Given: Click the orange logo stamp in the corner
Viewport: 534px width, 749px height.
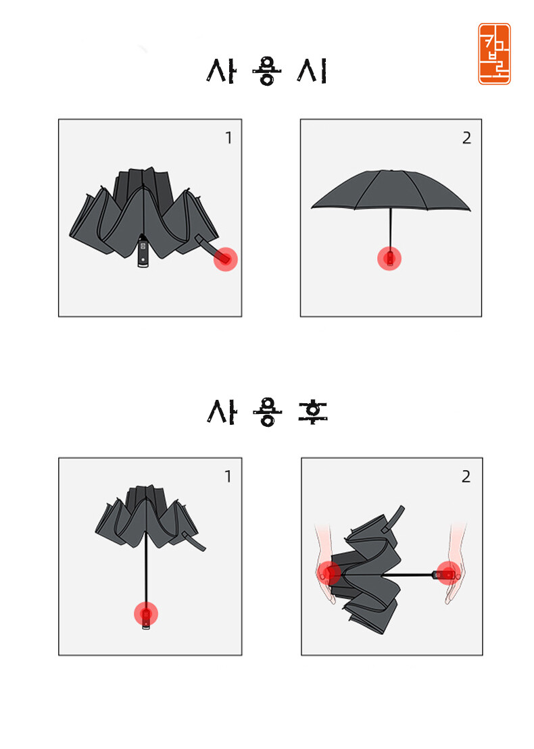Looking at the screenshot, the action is (x=494, y=54).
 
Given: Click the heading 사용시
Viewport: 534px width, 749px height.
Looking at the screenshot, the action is (x=266, y=71).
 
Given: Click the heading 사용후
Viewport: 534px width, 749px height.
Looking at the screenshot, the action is (x=266, y=411).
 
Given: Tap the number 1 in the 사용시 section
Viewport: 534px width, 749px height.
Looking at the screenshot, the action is (x=228, y=138).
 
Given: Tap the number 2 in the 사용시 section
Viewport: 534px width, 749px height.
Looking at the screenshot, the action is (x=466, y=138).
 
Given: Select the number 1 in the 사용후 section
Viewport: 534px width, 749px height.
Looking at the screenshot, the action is (x=228, y=476).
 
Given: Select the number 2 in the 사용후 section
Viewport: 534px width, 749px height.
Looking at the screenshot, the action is (x=466, y=476).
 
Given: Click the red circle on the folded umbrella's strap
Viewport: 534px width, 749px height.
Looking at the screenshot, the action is (x=225, y=259).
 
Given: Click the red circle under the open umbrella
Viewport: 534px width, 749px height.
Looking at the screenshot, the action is (x=389, y=259).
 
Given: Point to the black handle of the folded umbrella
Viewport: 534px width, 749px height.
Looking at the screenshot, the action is (x=143, y=252).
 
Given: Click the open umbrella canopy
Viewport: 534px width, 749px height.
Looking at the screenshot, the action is (x=391, y=190).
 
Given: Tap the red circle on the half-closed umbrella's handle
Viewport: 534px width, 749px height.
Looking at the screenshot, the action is (x=146, y=614).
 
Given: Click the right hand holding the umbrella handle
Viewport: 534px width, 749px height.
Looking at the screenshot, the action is (x=454, y=564).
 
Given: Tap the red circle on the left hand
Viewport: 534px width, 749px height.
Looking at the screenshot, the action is (x=329, y=573).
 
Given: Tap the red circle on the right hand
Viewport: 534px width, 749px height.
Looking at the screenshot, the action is (x=448, y=573).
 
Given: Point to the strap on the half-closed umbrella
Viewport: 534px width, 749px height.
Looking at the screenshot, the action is (x=195, y=543).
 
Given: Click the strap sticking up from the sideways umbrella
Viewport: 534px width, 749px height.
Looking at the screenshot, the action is (x=394, y=519).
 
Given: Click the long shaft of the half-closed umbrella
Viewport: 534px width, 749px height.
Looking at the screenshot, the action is (x=146, y=569).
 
